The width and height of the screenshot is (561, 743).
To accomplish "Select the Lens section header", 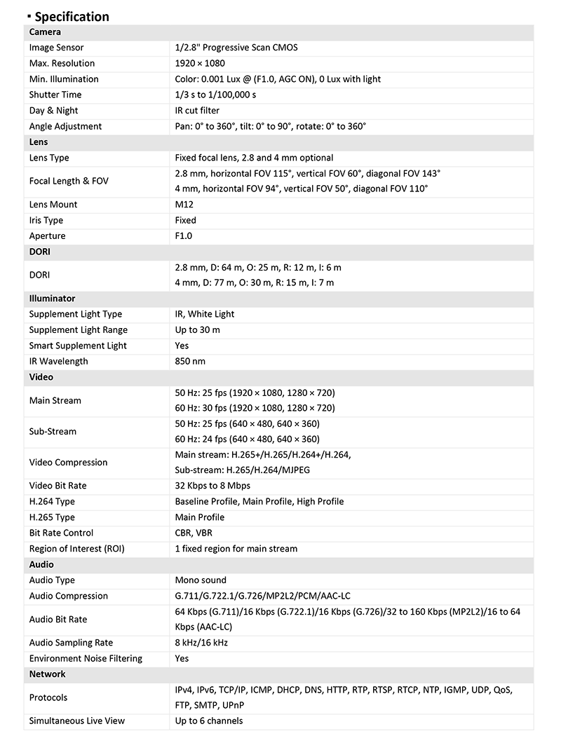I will [x=39, y=142].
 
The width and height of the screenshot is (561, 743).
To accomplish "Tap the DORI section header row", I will [x=39, y=252].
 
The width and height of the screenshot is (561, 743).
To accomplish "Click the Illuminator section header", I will [x=52, y=299].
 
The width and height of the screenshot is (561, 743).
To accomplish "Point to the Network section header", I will [x=47, y=674].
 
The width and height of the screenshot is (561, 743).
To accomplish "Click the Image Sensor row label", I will [x=56, y=48].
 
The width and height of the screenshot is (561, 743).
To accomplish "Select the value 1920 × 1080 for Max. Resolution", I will [x=200, y=64].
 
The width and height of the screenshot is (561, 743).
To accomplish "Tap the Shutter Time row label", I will [x=55, y=95].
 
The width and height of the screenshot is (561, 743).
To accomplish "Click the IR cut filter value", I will [x=197, y=111].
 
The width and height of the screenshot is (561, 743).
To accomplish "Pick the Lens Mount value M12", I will [x=184, y=205].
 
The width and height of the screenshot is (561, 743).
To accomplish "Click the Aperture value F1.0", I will [x=183, y=236].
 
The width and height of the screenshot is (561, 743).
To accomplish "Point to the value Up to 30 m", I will [x=197, y=330].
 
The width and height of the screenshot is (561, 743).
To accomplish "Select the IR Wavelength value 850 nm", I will [x=191, y=362].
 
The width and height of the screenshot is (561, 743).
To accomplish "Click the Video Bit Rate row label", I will [x=58, y=486].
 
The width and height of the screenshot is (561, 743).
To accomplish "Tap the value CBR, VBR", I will [x=194, y=533].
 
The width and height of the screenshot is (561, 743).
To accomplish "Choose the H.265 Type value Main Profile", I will [x=199, y=517].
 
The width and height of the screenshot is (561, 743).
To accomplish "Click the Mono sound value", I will [x=201, y=580].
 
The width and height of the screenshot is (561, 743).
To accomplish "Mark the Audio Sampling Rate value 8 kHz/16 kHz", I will [x=201, y=643].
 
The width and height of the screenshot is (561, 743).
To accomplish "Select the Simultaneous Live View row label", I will [x=76, y=721].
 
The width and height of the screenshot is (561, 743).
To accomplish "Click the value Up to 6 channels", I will [x=209, y=721].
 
